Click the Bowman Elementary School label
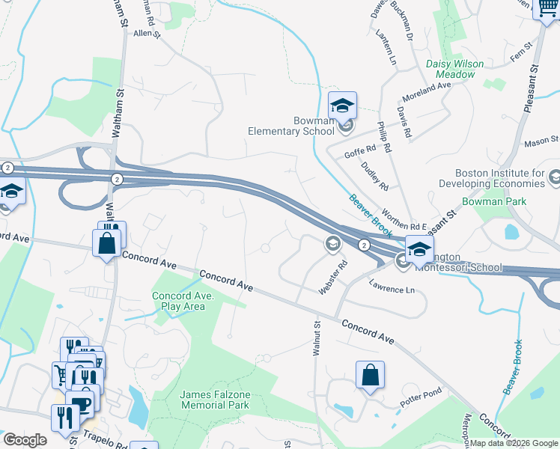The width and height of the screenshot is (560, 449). point(291,125)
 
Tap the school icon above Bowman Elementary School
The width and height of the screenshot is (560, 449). point(342,106)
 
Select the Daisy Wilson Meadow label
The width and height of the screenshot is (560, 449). point(451,69)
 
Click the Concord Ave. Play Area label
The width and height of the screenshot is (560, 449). point(183,301)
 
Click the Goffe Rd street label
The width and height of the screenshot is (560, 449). point(359,151)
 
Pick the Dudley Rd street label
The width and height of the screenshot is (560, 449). point(374,175)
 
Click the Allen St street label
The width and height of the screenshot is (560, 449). point(147,34)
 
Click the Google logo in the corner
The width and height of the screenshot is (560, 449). point(25,439)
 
